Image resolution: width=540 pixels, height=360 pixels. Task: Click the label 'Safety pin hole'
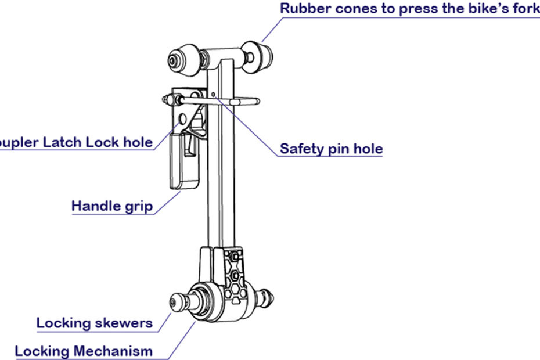tap(331, 148)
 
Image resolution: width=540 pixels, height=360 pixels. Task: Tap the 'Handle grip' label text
tap(112, 206)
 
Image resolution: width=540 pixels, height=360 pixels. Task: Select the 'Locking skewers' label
tap(95, 323)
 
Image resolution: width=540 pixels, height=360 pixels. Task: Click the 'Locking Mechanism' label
tap(84, 351)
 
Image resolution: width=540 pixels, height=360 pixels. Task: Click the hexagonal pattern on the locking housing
tap(235, 273)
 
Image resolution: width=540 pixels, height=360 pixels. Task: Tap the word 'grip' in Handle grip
tap(139, 206)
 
